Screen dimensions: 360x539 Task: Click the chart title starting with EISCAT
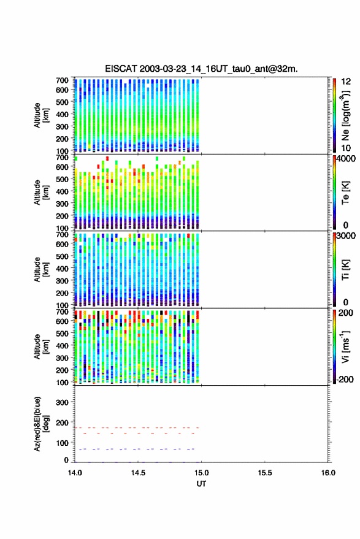(201, 69)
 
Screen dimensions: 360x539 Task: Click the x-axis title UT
(201, 484)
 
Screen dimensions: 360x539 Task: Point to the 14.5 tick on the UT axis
(138, 473)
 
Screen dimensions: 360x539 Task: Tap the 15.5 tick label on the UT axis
(264, 473)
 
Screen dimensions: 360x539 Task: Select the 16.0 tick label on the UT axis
(328, 473)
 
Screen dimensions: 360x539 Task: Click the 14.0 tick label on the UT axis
(75, 473)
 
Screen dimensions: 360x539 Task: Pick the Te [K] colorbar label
(345, 193)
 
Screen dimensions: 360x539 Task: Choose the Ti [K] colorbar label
(345, 270)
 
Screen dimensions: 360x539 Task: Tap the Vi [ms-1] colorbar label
(345, 346)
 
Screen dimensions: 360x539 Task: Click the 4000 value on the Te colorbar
(346, 159)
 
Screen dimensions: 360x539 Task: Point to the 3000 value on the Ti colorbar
(346, 236)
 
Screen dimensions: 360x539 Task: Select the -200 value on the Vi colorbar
(344, 379)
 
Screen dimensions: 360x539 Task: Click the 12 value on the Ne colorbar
(346, 82)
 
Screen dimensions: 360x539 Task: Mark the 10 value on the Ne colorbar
(346, 148)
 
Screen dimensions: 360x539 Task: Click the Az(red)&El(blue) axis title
(41, 424)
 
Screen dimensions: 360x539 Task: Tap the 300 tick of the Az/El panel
(62, 402)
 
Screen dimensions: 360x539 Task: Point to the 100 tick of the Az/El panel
(62, 443)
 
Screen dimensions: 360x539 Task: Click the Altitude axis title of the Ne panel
(41, 115)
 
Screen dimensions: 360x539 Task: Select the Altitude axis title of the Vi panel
(41, 346)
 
